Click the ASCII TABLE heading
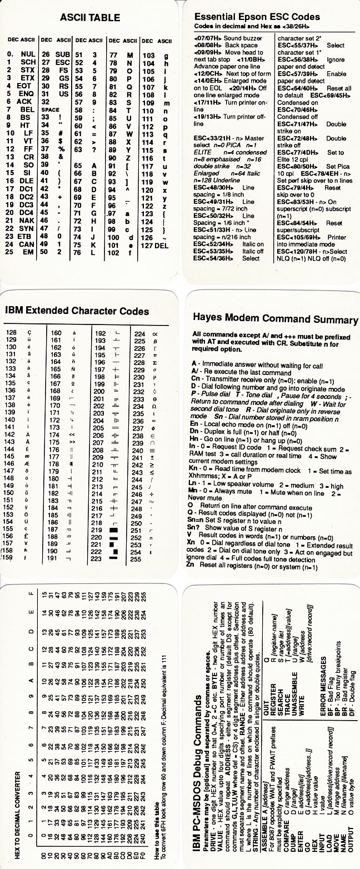tap(89, 18)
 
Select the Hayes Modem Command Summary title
tap(275, 318)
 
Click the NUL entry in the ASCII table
tap(28, 54)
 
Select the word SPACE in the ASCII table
tap(51, 110)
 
